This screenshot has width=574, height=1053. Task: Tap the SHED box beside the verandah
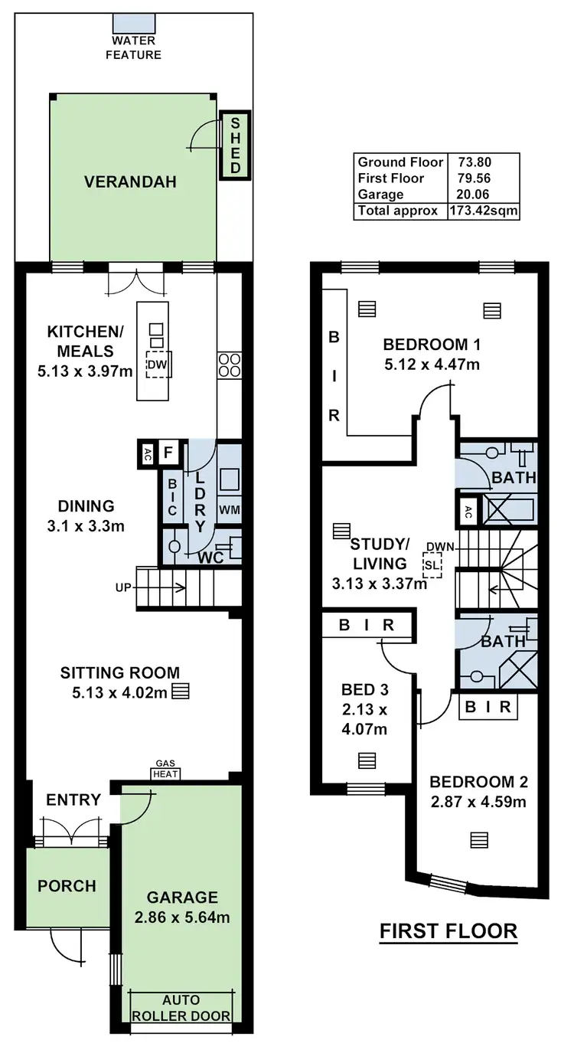tap(236, 146)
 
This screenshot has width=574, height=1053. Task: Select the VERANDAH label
tap(130, 182)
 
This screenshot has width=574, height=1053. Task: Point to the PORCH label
tap(67, 886)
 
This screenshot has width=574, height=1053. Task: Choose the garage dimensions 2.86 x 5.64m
tap(182, 917)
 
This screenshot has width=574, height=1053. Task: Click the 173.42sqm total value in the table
tap(484, 211)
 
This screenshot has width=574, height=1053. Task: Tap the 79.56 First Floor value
tap(475, 178)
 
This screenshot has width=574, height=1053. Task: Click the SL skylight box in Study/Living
tap(432, 564)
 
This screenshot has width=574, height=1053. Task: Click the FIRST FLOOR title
tap(448, 931)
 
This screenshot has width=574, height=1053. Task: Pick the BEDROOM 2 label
tap(478, 782)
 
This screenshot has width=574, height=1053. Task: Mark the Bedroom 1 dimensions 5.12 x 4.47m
tap(432, 365)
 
